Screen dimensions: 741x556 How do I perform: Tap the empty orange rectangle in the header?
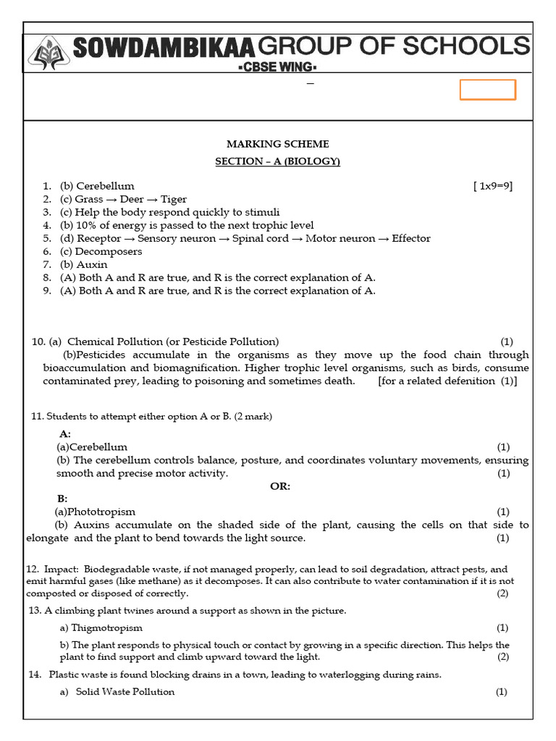coord(488,90)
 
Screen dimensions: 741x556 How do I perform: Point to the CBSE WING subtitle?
coord(278,68)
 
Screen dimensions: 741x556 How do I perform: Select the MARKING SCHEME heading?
coord(277,144)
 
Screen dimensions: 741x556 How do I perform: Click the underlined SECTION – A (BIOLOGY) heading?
coord(277,161)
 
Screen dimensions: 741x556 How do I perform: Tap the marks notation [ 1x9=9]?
coord(493,186)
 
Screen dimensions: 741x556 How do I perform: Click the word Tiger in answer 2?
coord(174,199)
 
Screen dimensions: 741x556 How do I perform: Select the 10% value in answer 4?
coord(88,225)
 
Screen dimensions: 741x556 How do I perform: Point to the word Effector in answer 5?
coord(410,238)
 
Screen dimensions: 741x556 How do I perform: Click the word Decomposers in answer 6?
coord(109,251)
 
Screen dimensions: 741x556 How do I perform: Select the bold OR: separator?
coord(280,486)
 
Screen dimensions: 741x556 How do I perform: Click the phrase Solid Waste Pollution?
coord(125,692)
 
